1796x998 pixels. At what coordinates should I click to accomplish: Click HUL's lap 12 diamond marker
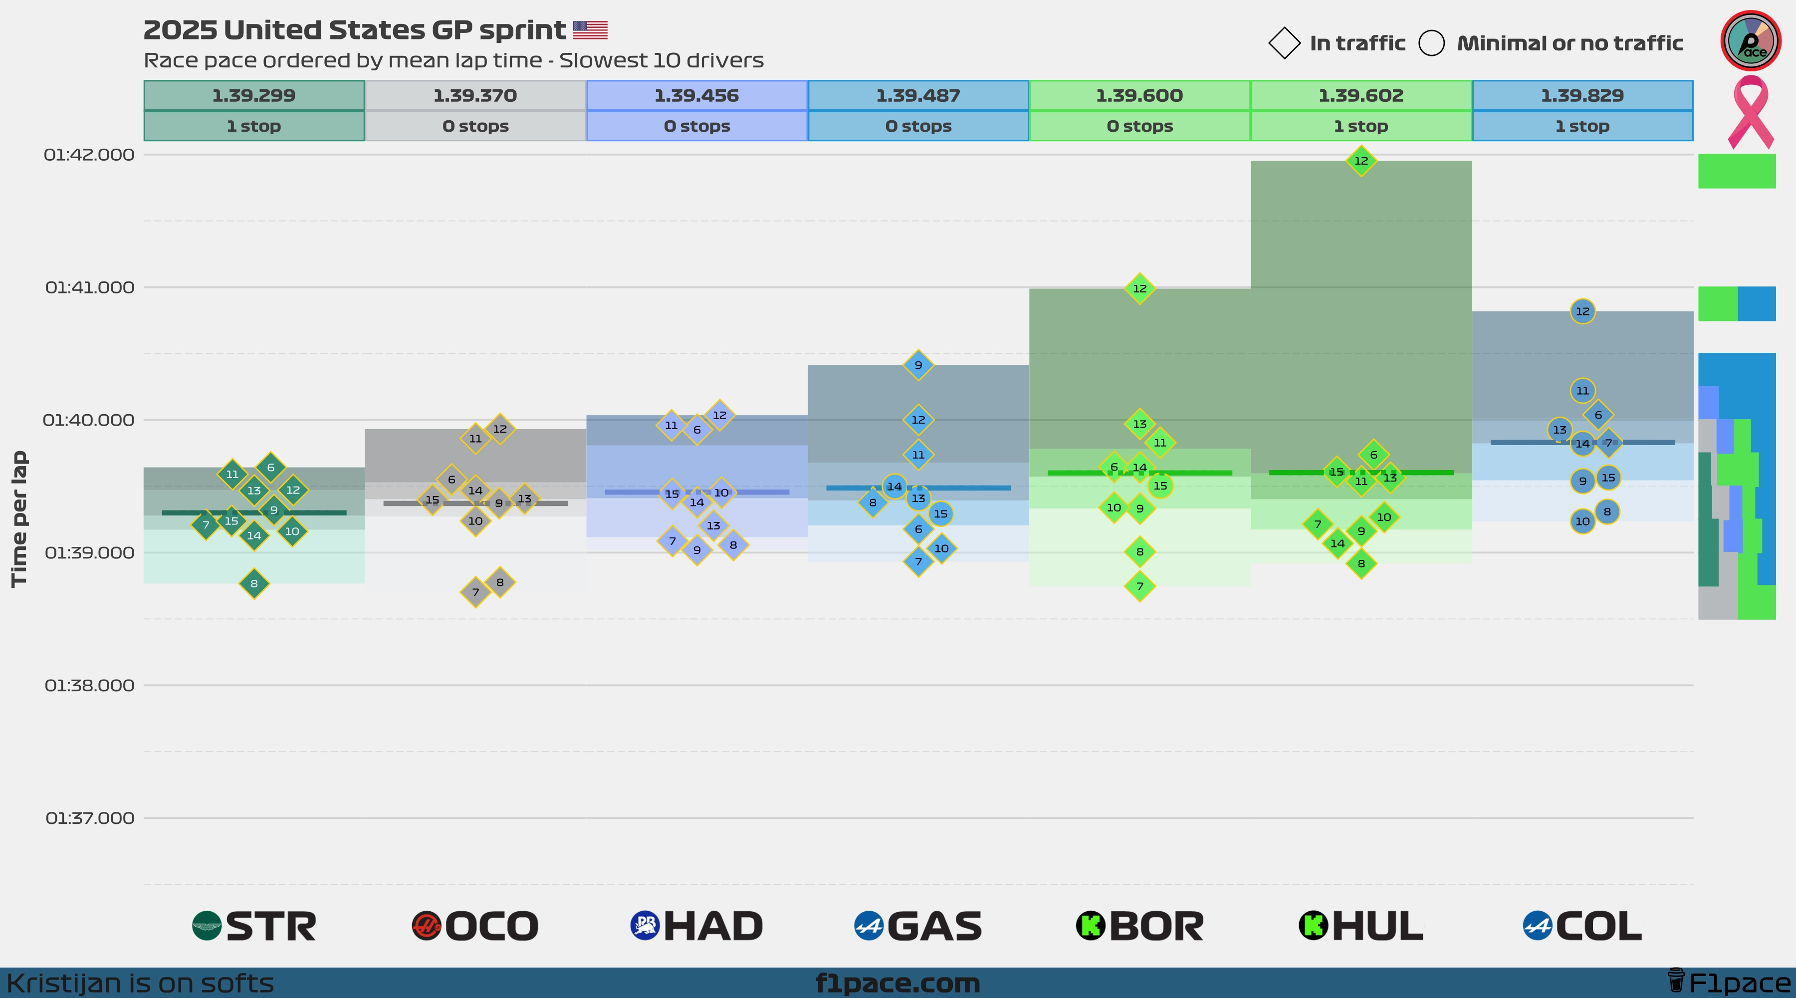click(1361, 160)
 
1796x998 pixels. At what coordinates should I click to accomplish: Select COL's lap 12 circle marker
click(1582, 311)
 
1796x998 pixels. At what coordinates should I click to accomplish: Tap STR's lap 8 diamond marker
click(254, 584)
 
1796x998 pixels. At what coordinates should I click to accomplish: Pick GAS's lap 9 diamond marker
click(918, 365)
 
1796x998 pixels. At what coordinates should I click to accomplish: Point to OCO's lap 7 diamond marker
click(475, 592)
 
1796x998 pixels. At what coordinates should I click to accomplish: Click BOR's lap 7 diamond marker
click(1140, 586)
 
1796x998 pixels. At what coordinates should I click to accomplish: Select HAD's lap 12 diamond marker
click(719, 415)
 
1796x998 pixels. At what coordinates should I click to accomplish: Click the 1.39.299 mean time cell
click(254, 95)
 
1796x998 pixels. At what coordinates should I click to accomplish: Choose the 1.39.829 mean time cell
click(1582, 95)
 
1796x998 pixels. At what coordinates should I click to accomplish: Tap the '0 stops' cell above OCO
click(475, 126)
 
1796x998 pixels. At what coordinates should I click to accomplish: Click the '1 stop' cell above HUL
click(1361, 126)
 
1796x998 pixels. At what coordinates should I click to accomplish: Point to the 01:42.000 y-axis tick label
click(89, 155)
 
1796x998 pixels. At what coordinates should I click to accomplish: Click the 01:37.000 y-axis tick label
click(90, 818)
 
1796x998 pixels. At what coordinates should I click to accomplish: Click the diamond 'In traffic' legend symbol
click(1284, 43)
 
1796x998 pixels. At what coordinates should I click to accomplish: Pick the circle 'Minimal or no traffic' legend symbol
click(1431, 43)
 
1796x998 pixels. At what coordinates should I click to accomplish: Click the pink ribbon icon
click(1750, 112)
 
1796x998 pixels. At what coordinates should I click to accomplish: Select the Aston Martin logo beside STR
click(207, 926)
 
